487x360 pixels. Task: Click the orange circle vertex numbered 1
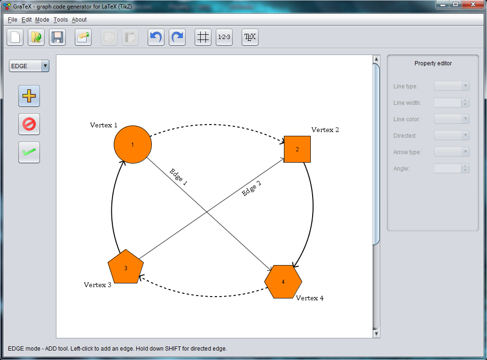coord(133,144)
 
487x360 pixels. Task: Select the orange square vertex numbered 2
coord(297,149)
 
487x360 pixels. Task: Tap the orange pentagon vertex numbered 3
coord(126,268)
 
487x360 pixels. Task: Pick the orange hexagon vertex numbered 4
coord(283,282)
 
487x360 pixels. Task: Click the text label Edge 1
coord(178,177)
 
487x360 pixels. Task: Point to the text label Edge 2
coord(251,188)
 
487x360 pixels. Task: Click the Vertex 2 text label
coord(325,130)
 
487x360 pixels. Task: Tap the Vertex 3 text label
coord(97,285)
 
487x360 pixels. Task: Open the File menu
coord(12,20)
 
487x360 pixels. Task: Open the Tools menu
coord(60,20)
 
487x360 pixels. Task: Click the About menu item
coord(79,20)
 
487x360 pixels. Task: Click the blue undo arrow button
coord(156,38)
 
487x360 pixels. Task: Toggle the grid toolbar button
coord(203,38)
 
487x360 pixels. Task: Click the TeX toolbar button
coord(250,38)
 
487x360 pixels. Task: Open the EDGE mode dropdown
coord(29,66)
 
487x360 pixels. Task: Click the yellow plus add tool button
coord(29,96)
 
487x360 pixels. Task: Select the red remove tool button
coord(29,125)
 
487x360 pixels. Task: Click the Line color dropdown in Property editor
coord(451,119)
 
